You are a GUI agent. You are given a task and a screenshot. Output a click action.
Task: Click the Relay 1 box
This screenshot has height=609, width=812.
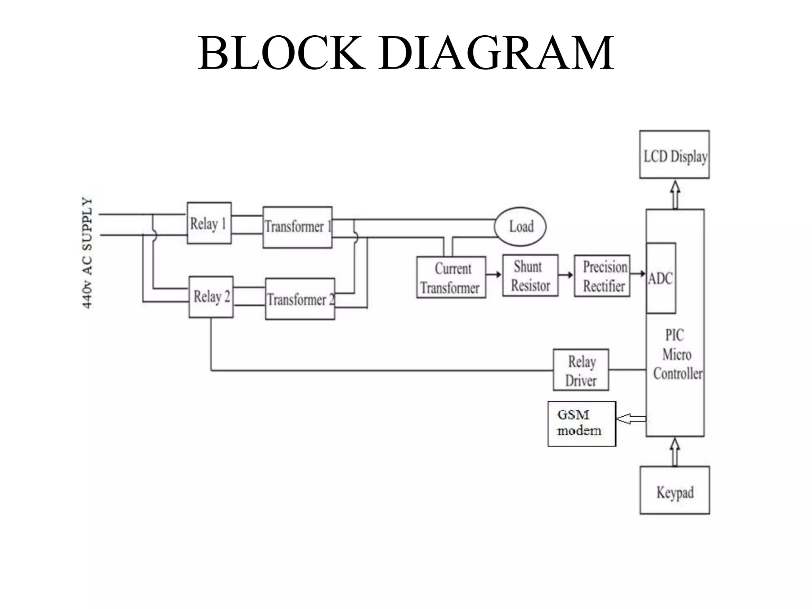[209, 223]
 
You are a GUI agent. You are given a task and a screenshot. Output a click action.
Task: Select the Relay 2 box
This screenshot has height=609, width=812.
[211, 297]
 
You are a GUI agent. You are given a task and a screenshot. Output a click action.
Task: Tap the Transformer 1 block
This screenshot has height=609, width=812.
[297, 227]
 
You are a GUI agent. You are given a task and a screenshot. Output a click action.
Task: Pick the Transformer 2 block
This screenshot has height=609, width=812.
[300, 299]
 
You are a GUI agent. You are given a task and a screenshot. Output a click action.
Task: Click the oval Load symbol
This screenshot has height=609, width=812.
[520, 227]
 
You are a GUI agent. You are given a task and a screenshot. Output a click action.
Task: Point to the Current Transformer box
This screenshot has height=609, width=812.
[451, 278]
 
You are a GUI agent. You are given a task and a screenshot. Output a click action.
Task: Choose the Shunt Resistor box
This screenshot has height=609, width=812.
[530, 276]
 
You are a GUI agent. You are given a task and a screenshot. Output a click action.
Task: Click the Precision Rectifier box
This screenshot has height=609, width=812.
[602, 276]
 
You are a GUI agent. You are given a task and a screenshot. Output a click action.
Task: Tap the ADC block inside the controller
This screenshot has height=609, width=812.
[661, 278]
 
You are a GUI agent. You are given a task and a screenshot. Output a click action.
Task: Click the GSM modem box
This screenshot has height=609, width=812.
[582, 424]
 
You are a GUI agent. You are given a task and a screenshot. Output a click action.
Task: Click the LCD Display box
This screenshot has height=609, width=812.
[674, 155]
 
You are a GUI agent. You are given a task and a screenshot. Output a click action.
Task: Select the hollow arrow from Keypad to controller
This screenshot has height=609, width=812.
[675, 452]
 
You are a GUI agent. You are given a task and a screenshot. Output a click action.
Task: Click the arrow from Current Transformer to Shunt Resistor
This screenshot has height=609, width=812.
[494, 275]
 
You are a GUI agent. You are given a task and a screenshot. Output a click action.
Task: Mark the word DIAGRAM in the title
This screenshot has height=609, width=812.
[496, 53]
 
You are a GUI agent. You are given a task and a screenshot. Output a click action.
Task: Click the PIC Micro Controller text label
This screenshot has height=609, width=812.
[677, 354]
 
